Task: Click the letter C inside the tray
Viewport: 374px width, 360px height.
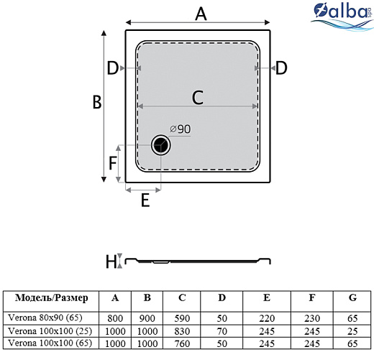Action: click(x=197, y=96)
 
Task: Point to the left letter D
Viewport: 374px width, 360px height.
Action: click(x=113, y=68)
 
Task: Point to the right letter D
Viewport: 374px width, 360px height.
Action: click(x=281, y=68)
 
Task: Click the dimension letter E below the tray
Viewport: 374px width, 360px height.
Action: click(x=145, y=201)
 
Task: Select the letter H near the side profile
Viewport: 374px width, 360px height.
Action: click(x=110, y=262)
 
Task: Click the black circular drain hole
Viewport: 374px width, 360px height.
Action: click(x=161, y=145)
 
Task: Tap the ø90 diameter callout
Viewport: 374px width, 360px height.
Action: click(x=181, y=129)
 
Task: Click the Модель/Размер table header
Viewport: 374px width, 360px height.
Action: click(x=51, y=298)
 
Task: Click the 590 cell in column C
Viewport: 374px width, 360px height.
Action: click(x=182, y=318)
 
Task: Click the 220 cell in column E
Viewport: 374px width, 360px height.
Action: click(x=267, y=318)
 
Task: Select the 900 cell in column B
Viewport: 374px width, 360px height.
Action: click(x=147, y=318)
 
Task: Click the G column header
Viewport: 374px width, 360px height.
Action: click(x=352, y=298)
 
